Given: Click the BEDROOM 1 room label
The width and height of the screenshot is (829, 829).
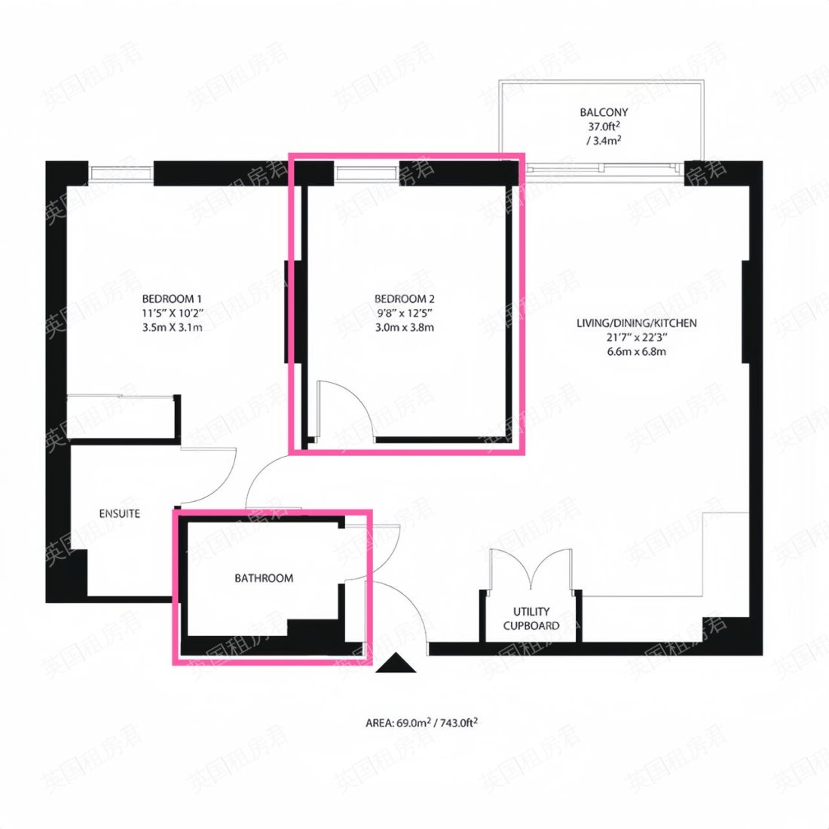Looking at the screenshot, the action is pyautogui.click(x=172, y=298).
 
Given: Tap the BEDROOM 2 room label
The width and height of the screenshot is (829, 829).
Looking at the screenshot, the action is pyautogui.click(x=405, y=298).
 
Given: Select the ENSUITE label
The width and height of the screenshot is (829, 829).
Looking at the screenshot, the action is pyautogui.click(x=120, y=513).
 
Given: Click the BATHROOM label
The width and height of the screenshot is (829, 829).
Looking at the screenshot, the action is pyautogui.click(x=264, y=578).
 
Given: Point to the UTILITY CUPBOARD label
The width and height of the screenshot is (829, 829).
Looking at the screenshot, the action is pyautogui.click(x=531, y=619).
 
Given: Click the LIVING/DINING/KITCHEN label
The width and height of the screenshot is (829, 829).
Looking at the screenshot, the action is pyautogui.click(x=637, y=323).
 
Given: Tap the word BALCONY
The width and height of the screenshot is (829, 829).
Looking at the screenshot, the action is pyautogui.click(x=604, y=112).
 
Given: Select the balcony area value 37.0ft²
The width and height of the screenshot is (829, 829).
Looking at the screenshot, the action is pyautogui.click(x=604, y=127).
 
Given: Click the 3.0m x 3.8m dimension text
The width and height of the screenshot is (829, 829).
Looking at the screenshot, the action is pyautogui.click(x=405, y=327).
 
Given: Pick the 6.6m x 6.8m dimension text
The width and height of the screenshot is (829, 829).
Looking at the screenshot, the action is pyautogui.click(x=637, y=352).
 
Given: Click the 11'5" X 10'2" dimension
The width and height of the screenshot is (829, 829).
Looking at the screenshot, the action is pyautogui.click(x=172, y=313).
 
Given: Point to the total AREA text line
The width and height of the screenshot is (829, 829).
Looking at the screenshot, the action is pyautogui.click(x=421, y=722).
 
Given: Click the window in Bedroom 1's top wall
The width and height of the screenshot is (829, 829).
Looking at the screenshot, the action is pyautogui.click(x=121, y=173).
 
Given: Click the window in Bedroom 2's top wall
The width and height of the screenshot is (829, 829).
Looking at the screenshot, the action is pyautogui.click(x=367, y=173).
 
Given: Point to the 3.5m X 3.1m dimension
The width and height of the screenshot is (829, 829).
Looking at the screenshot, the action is pyautogui.click(x=172, y=327).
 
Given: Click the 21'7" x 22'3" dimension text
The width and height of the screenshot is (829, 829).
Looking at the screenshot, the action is pyautogui.click(x=637, y=338).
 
